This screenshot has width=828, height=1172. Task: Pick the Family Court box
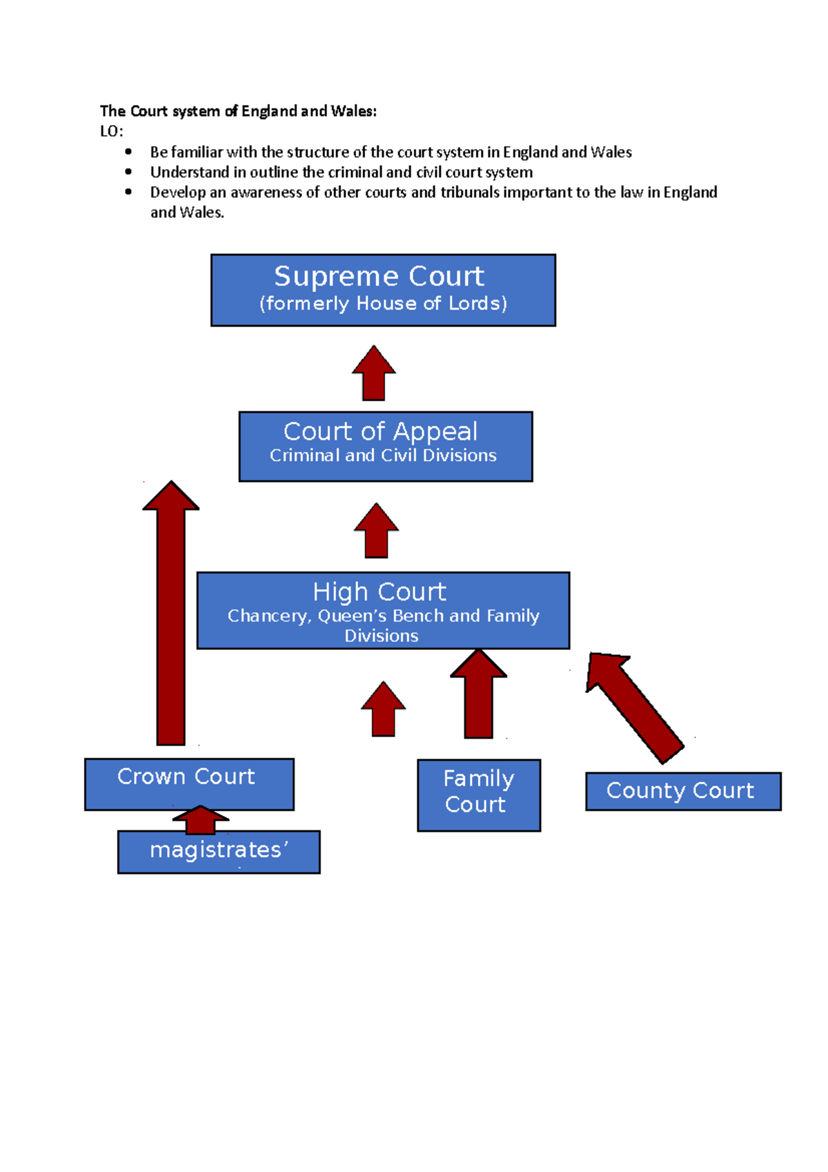pos(478,794)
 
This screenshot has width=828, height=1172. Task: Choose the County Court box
pos(682,791)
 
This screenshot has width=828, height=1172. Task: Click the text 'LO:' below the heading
pos(111,132)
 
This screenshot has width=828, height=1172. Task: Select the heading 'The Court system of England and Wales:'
pos(238,111)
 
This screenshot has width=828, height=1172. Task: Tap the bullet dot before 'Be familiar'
pos(128,152)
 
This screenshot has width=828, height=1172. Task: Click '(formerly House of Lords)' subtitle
pos(383,304)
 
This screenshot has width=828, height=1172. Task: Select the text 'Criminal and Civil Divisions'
pos(383,456)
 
